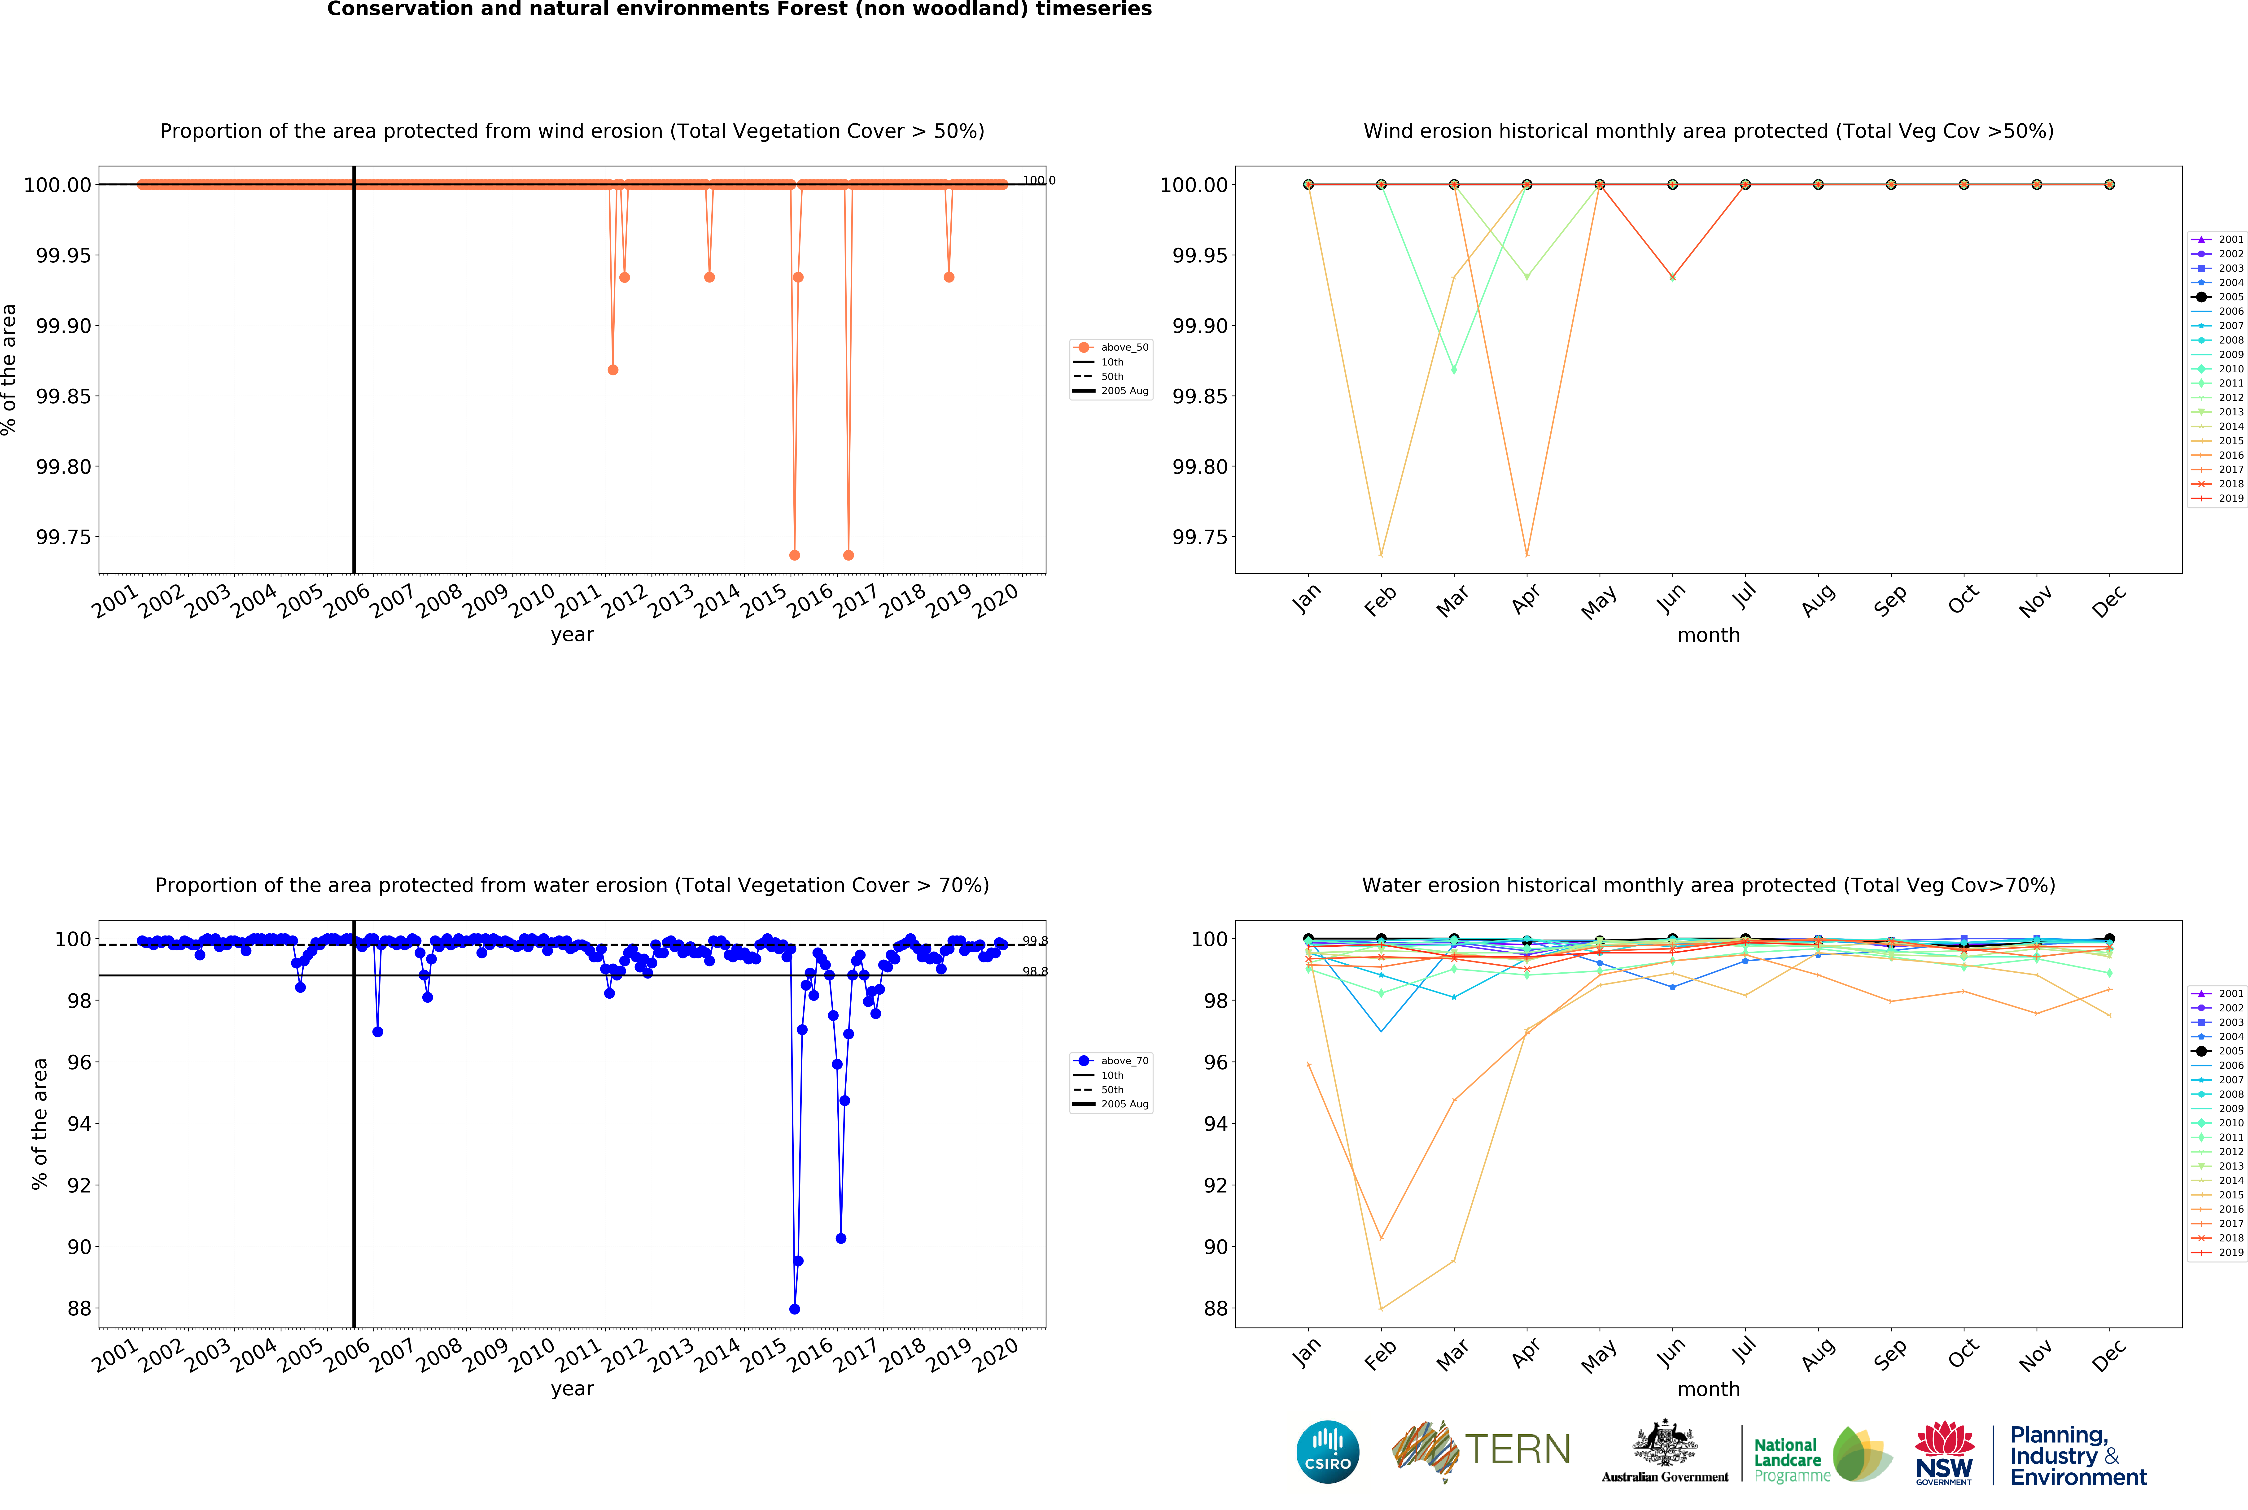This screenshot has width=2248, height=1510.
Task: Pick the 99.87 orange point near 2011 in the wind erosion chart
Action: point(612,370)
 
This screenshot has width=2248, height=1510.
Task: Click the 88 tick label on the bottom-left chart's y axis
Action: point(79,1309)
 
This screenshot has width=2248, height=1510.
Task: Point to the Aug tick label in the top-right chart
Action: point(1817,601)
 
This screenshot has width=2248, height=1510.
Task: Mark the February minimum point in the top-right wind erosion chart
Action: point(1381,555)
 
